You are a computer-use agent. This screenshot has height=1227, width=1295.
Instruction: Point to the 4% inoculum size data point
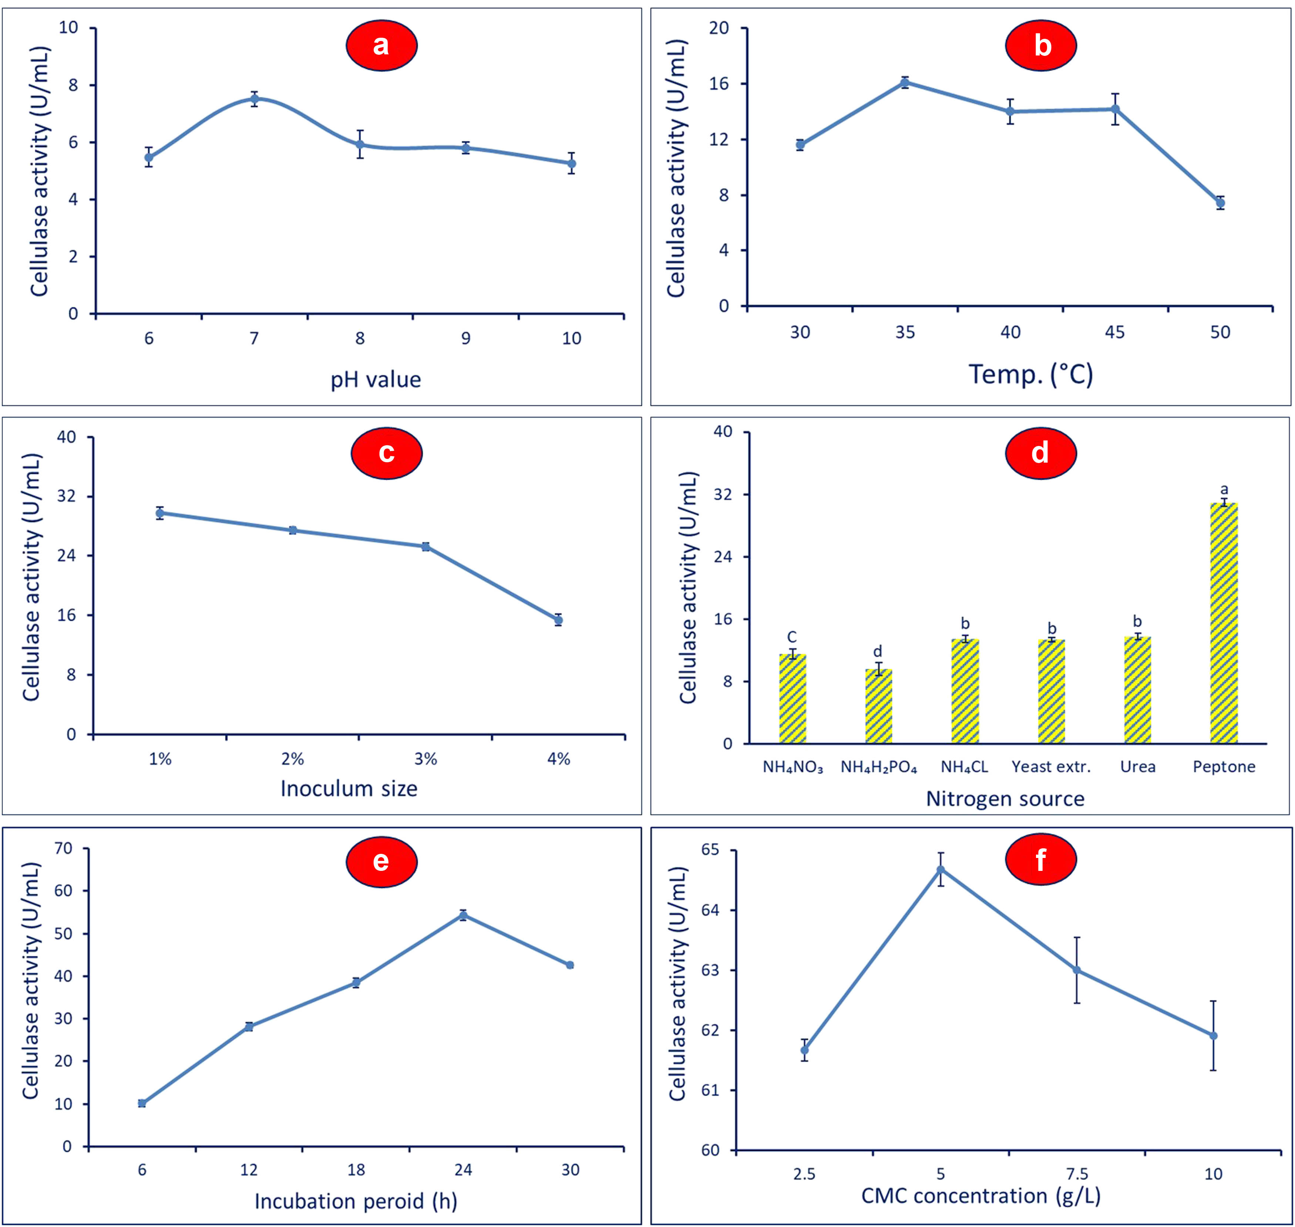(558, 620)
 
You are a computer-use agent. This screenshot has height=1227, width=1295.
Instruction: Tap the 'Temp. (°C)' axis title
(1030, 374)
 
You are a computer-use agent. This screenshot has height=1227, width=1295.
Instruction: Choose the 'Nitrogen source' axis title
(1005, 799)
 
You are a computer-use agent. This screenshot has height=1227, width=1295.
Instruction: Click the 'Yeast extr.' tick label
(1051, 767)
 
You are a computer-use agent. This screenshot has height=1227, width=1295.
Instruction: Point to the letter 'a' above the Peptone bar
(1224, 489)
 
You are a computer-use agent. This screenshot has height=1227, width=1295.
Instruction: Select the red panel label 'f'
(1040, 859)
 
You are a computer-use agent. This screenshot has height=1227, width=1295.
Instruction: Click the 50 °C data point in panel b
(1220, 203)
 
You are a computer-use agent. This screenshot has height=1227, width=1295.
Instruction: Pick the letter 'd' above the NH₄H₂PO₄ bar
(878, 652)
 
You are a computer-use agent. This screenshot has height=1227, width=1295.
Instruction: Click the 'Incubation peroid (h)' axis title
(355, 1201)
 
